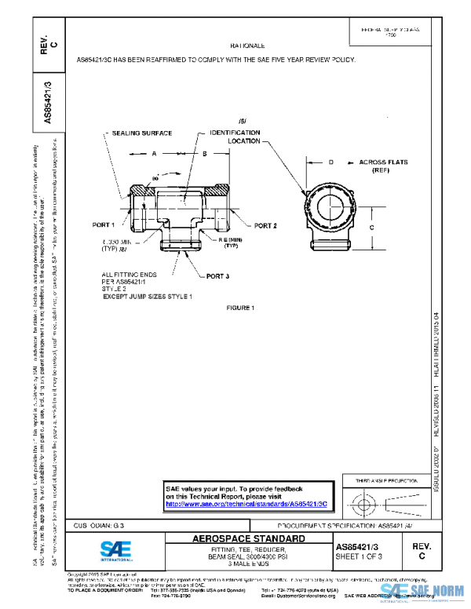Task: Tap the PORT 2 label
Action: tap(265, 226)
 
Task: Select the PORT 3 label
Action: tap(218, 276)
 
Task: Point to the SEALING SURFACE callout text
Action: tap(141, 133)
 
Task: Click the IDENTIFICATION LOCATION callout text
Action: tap(235, 137)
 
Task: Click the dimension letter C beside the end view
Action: tap(371, 225)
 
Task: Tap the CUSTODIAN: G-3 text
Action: tap(99, 524)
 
